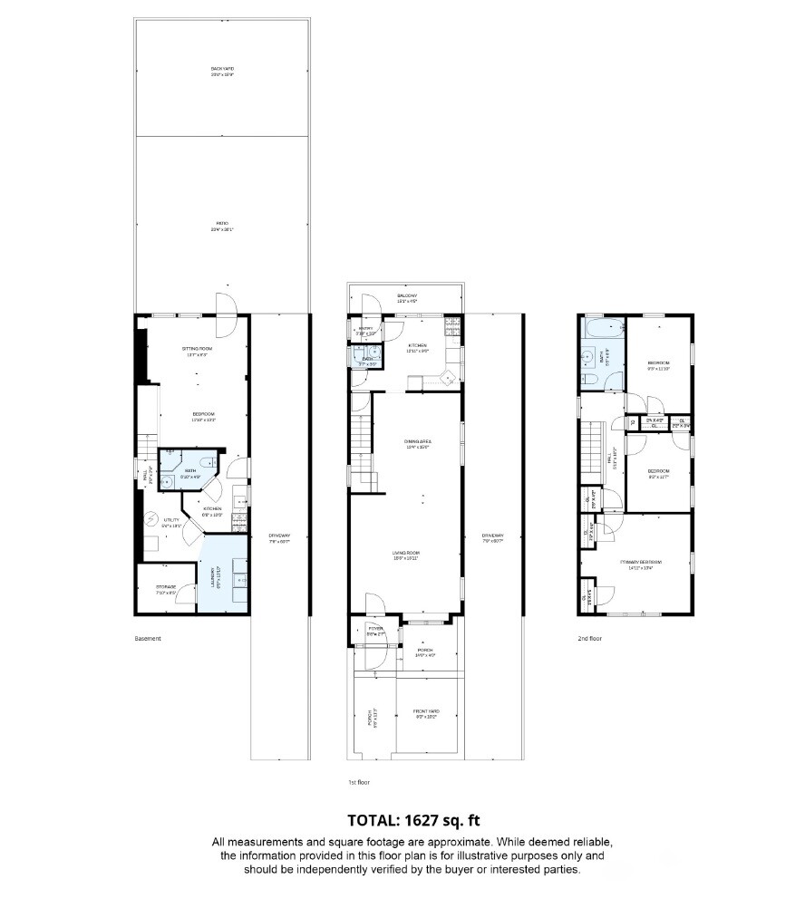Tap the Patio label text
coord(222,226)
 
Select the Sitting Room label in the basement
coord(197,351)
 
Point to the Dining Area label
coord(416,444)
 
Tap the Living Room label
coord(407,555)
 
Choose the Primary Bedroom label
coord(636,565)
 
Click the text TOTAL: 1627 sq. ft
coord(402,821)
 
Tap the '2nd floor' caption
coord(590,639)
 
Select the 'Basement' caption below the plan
coord(148,639)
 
